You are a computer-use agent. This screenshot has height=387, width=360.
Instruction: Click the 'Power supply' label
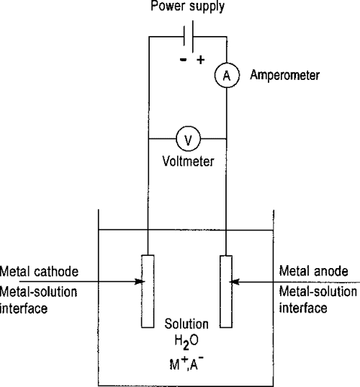[x=188, y=8]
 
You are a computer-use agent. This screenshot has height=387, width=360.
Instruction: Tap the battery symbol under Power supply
[x=188, y=36]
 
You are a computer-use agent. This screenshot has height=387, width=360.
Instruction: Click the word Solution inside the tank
[x=187, y=324]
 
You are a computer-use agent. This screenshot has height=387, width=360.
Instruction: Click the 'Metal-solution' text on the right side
[x=317, y=291]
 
